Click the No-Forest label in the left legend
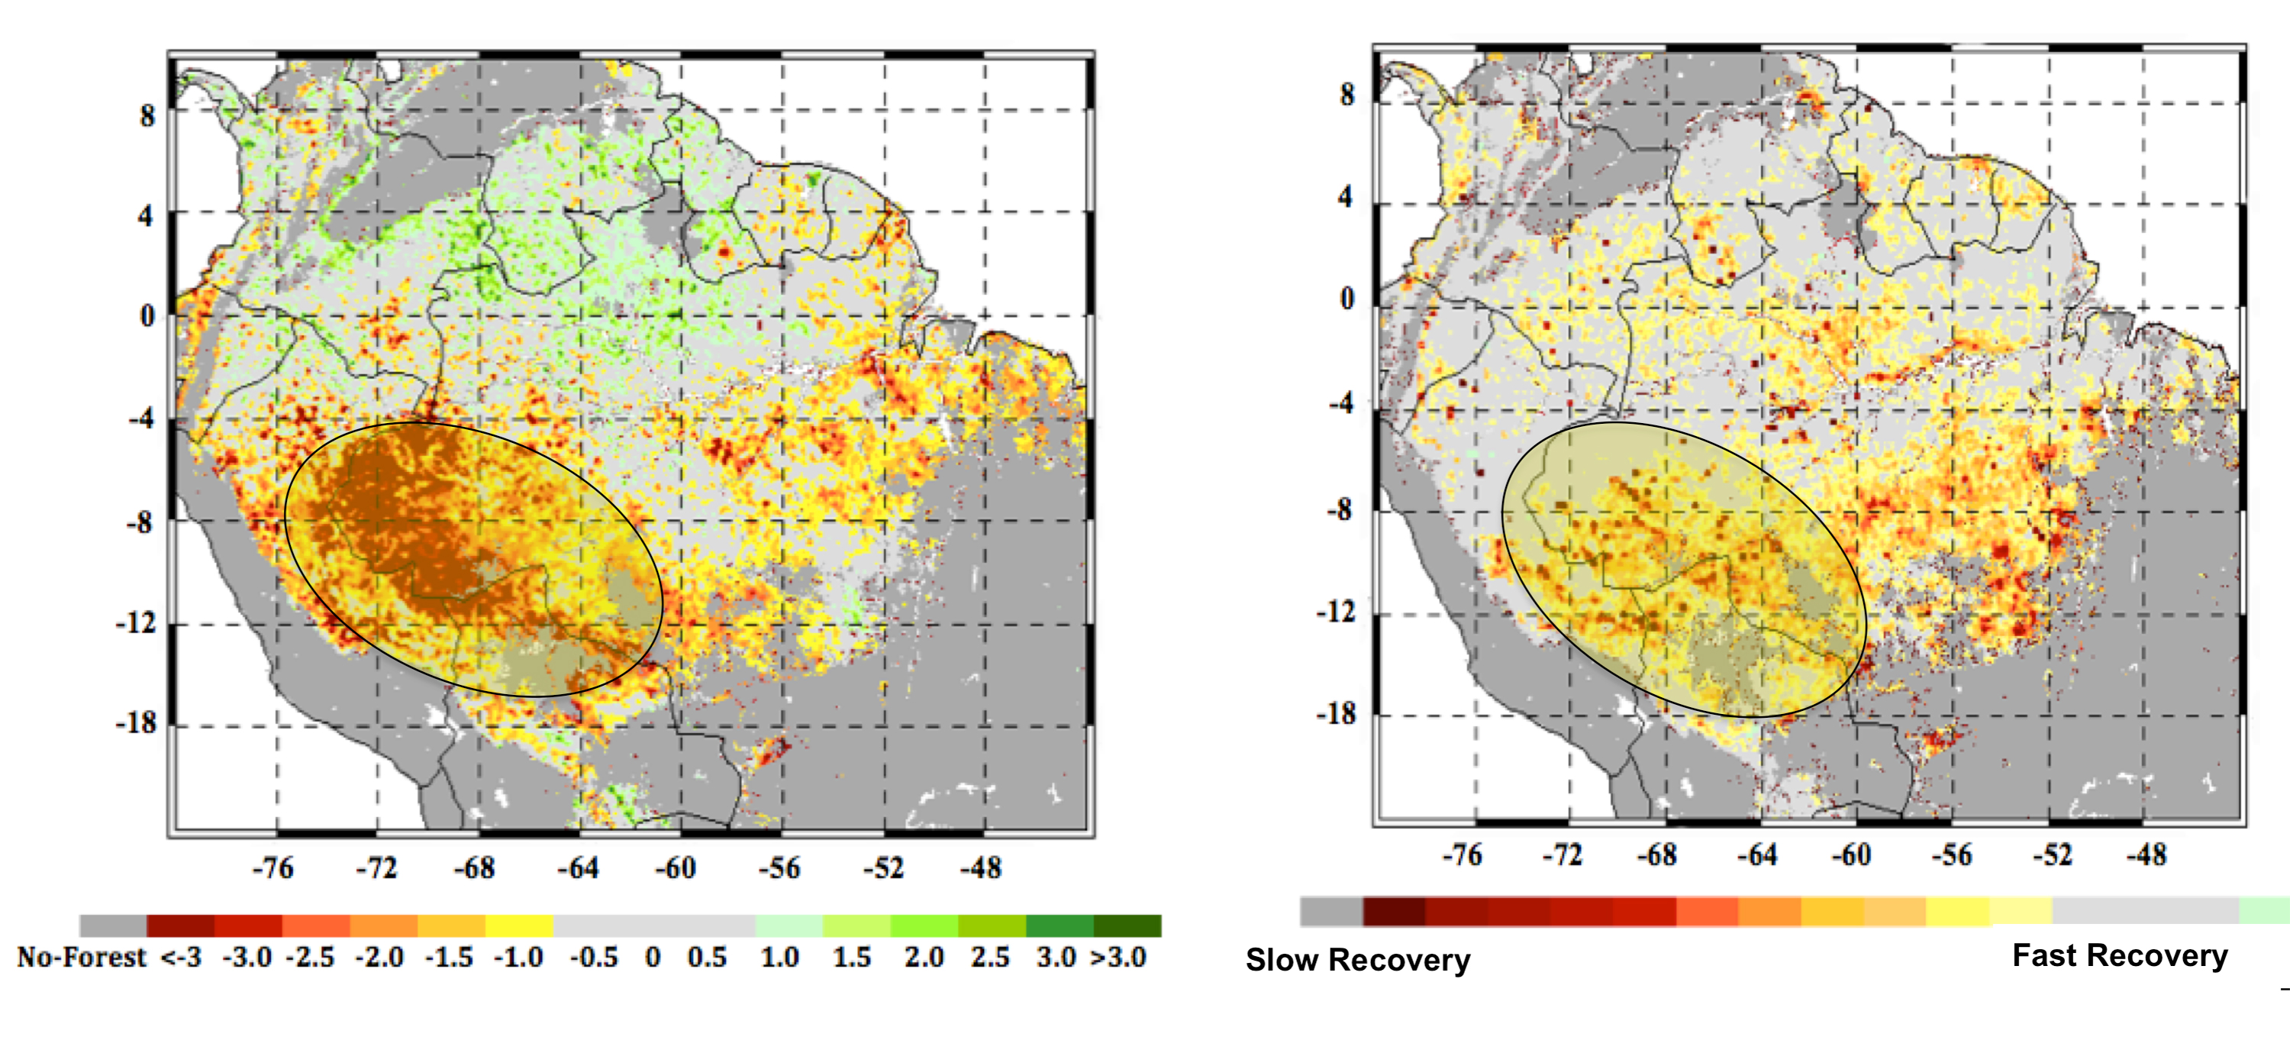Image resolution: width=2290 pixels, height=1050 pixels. [x=81, y=958]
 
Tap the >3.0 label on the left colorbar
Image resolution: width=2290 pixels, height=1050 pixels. [x=1118, y=958]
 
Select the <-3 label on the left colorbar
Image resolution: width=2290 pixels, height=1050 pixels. [x=180, y=958]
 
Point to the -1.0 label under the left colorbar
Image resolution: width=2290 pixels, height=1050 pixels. [x=518, y=958]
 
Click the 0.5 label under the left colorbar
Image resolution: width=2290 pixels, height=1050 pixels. [x=707, y=958]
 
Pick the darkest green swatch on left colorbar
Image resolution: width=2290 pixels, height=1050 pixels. [x=1127, y=926]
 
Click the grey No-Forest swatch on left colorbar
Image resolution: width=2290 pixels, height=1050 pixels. [x=113, y=926]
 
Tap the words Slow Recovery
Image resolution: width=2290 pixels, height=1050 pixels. [x=1357, y=960]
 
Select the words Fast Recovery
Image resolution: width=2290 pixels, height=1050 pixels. [x=2119, y=956]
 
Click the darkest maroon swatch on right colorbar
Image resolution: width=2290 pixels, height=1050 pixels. [x=1393, y=911]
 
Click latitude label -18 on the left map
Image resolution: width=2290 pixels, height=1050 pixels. [x=136, y=723]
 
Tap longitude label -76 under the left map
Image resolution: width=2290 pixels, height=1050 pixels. [x=273, y=867]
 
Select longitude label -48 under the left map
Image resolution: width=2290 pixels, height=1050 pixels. [x=981, y=867]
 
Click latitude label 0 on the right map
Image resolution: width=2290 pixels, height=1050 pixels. [x=1347, y=299]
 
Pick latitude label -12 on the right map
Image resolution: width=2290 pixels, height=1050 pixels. [x=1336, y=612]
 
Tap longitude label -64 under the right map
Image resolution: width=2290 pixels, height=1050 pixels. [x=1757, y=855]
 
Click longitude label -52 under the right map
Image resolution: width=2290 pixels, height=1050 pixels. [x=2052, y=855]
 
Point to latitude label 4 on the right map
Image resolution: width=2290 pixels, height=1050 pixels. [x=1346, y=196]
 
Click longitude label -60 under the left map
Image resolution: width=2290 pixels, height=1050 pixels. [x=676, y=867]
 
